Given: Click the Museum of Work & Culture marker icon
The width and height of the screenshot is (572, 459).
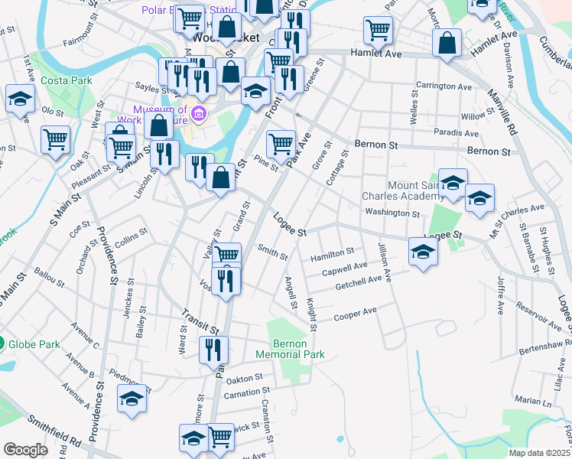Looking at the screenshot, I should [x=199, y=115].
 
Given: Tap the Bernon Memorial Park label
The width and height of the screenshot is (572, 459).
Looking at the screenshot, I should [x=295, y=349].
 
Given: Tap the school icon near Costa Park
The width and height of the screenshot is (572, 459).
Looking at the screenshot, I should [x=20, y=99].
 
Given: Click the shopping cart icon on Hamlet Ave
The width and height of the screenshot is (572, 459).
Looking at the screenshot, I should [x=379, y=30].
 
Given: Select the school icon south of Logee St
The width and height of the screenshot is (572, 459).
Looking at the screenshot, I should [x=423, y=250].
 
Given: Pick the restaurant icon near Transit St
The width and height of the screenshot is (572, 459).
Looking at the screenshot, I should [x=213, y=349].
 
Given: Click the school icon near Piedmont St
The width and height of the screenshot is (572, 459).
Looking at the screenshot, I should [x=132, y=398].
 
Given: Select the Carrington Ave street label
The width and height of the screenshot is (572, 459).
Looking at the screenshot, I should [x=444, y=86].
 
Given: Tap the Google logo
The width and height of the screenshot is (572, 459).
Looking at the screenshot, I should [x=25, y=450].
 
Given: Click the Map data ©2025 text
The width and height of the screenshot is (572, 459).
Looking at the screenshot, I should [x=540, y=453].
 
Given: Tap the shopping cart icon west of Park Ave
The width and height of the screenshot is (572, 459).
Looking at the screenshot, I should [x=226, y=254].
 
